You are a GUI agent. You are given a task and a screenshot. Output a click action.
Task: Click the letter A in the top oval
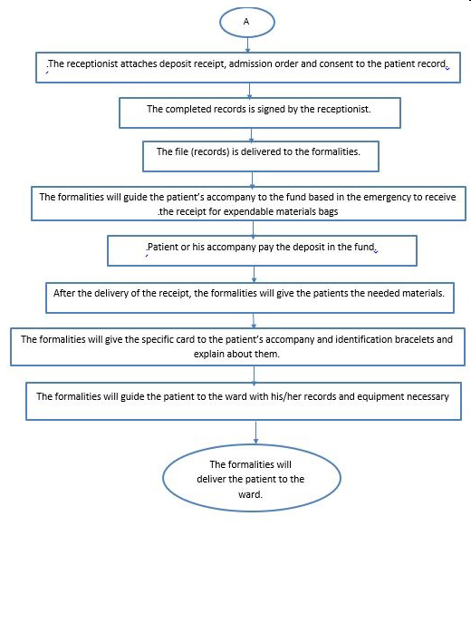[x=246, y=22]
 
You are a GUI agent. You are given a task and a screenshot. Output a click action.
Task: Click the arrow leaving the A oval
[x=247, y=44]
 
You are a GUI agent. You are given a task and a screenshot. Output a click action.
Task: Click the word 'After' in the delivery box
[x=64, y=293]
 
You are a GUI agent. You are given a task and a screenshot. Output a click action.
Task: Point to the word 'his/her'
[x=286, y=396]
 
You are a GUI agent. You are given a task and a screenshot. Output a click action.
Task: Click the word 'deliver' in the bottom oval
[x=211, y=479]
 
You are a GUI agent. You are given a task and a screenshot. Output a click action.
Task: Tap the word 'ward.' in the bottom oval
[x=250, y=494]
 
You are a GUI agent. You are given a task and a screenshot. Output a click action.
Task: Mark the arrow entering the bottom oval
[x=256, y=433]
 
